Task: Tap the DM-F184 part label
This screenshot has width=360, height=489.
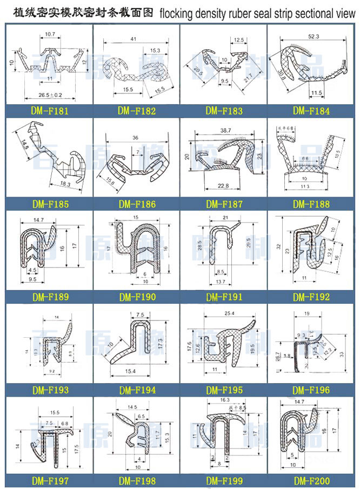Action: (312, 111)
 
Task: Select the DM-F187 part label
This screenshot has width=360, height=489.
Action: (224, 204)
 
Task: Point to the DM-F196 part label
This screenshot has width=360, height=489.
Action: (312, 390)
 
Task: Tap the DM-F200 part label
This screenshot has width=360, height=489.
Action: (312, 480)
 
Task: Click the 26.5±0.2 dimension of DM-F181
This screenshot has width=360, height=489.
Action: (50, 96)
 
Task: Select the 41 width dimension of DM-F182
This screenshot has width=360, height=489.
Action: (133, 39)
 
